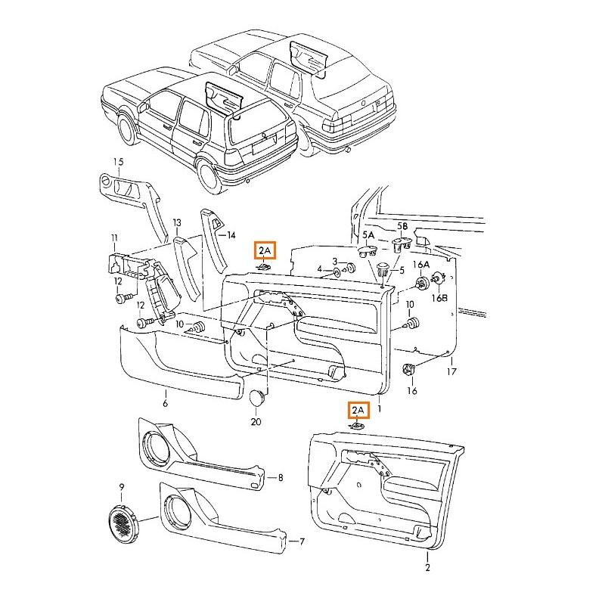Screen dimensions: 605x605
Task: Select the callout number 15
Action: tap(118, 162)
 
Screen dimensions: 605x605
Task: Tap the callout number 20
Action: tap(255, 422)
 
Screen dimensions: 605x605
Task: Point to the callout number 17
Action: tap(451, 372)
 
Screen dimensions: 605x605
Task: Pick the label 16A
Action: tap(421, 264)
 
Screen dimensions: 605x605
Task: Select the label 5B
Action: tap(402, 226)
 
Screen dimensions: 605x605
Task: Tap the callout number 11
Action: tap(114, 239)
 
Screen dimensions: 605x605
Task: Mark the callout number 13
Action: tap(177, 223)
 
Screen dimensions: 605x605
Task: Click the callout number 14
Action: tap(231, 236)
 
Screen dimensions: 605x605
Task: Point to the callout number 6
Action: tap(165, 403)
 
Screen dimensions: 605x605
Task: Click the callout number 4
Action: tap(319, 269)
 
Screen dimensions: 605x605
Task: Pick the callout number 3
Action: tap(334, 261)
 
